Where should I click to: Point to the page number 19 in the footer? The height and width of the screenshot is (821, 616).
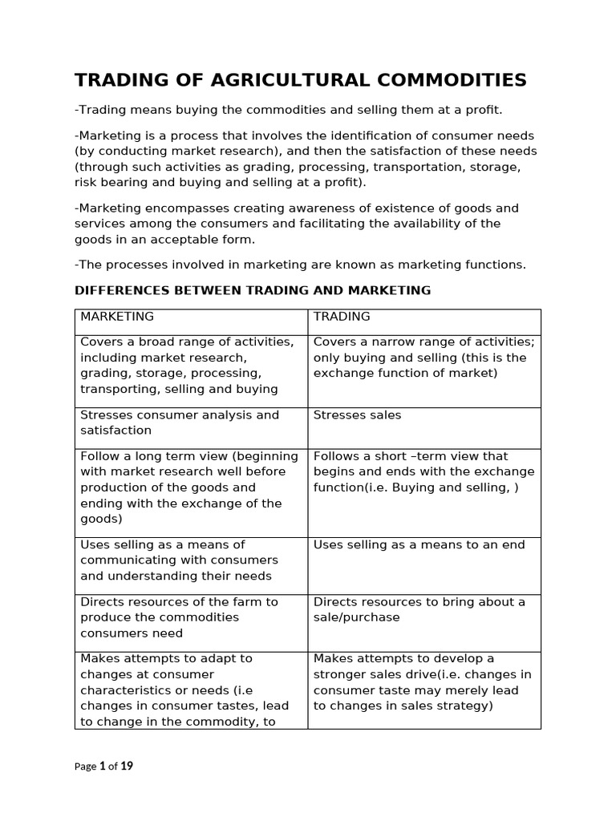(127, 766)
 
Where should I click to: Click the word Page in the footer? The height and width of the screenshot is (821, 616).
(85, 766)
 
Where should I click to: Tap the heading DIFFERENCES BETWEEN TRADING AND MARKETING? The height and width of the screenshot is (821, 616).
(253, 290)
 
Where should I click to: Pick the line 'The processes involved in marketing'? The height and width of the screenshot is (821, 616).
(300, 265)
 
